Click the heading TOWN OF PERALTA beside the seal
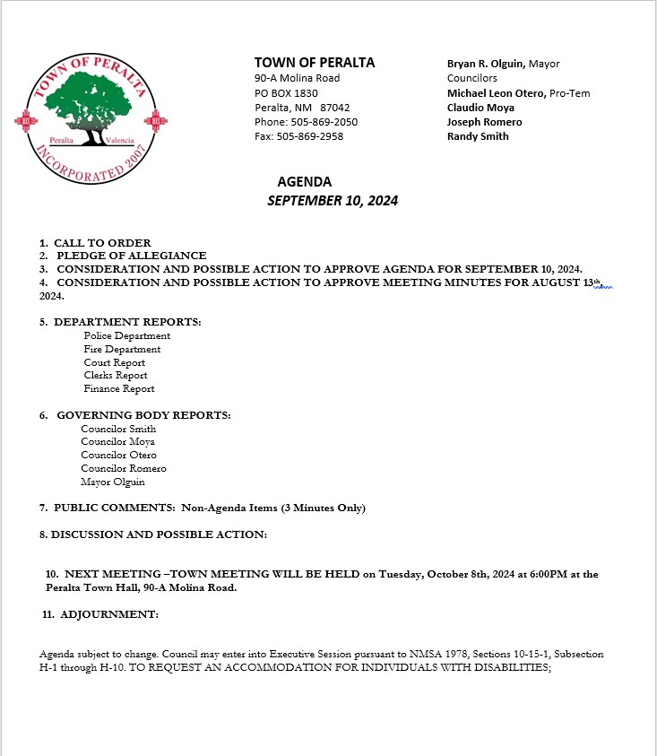[315, 63]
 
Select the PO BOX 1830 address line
[286, 92]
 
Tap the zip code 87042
[334, 107]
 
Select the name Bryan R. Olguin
[485, 64]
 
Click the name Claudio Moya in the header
[480, 108]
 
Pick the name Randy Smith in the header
[478, 136]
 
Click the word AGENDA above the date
[304, 182]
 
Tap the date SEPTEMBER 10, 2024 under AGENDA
[333, 201]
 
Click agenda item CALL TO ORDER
[102, 243]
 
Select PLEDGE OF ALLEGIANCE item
[132, 256]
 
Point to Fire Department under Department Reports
[122, 349]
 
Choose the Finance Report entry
[119, 388]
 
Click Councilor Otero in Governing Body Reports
[118, 455]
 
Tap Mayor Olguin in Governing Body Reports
[113, 482]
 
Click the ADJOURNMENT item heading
[109, 614]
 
